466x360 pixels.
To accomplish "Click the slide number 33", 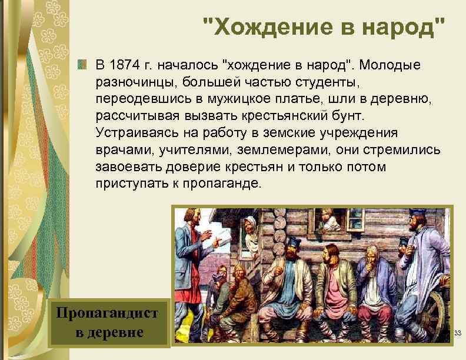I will [457, 334].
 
